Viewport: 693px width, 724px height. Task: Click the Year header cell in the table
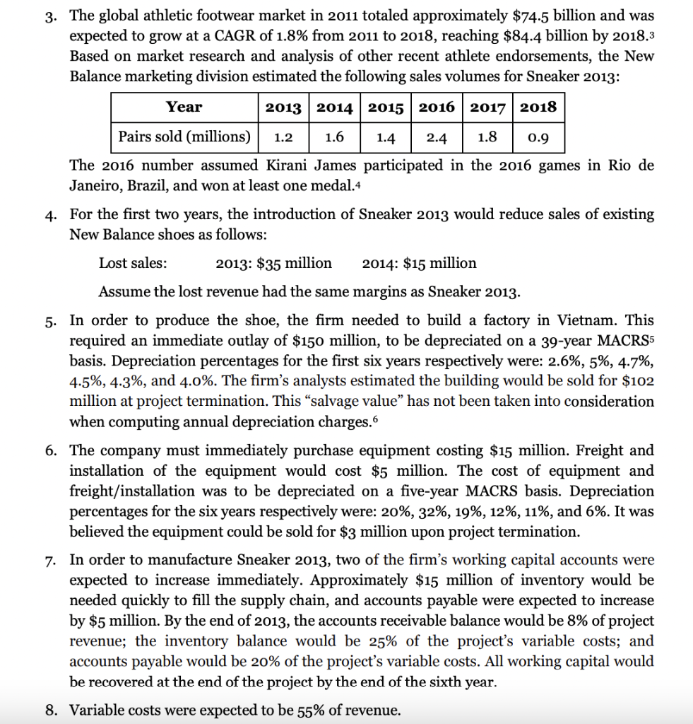click(x=184, y=107)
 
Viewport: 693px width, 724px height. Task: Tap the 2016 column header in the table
click(x=437, y=107)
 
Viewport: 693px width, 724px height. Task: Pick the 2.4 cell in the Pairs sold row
click(x=437, y=137)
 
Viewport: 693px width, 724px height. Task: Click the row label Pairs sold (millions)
click(x=184, y=136)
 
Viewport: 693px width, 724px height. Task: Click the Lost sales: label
click(x=133, y=264)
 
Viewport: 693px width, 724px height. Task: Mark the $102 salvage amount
click(x=637, y=381)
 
